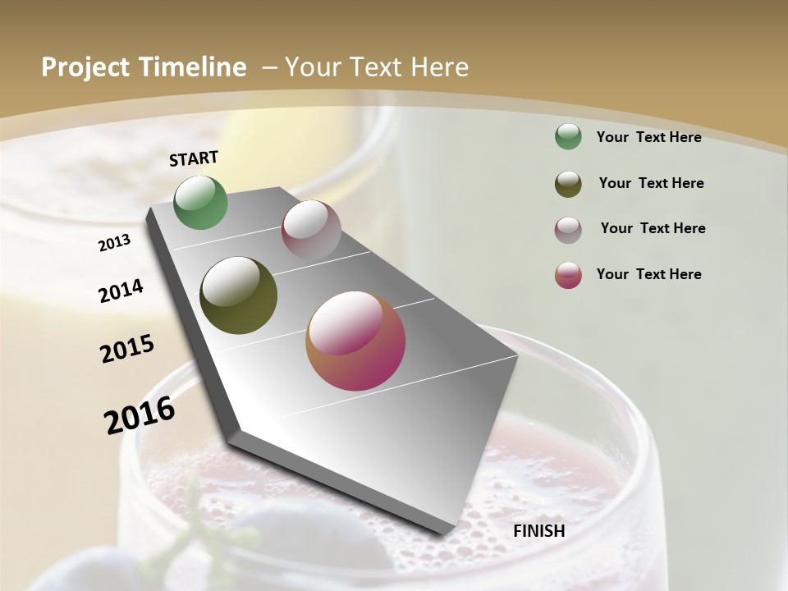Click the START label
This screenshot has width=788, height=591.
tap(194, 158)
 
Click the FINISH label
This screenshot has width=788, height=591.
tap(538, 531)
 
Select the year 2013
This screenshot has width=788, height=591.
tap(114, 243)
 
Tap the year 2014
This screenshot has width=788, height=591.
tap(121, 291)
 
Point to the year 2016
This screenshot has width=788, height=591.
tap(140, 415)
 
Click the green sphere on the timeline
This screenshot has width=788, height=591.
tap(201, 203)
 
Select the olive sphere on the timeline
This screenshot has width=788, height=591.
tap(239, 295)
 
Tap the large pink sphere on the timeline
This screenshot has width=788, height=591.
tap(355, 341)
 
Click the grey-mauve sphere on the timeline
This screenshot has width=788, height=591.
tap(311, 230)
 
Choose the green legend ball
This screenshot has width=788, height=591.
tap(568, 136)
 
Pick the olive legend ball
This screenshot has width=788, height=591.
tap(568, 184)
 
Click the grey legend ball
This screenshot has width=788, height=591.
tap(568, 230)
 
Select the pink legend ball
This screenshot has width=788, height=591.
tap(568, 275)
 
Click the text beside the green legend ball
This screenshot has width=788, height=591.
tap(648, 137)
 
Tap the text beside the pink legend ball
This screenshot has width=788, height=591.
tap(648, 274)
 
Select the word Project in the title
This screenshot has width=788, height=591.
tap(85, 67)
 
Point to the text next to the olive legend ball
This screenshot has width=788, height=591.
tap(651, 183)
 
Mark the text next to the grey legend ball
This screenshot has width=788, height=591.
tap(653, 228)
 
